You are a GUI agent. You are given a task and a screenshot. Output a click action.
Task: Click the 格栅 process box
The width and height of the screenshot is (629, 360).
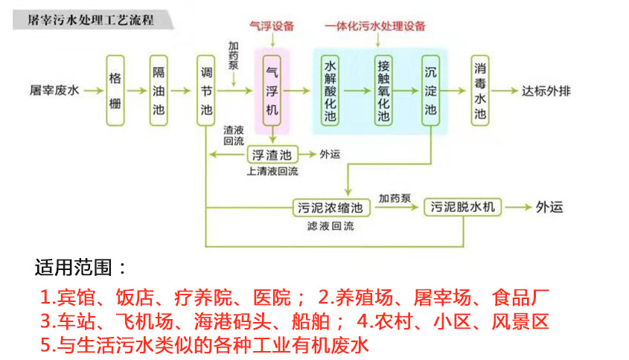click(115, 91)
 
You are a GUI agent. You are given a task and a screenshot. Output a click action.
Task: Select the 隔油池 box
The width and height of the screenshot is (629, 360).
click(159, 91)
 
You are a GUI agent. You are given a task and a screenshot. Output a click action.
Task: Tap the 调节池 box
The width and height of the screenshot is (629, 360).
click(206, 91)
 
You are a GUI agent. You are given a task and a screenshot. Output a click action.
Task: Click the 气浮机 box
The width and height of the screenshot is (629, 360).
click(272, 91)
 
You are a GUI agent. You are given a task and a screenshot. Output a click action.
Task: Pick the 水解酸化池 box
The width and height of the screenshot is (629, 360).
click(331, 91)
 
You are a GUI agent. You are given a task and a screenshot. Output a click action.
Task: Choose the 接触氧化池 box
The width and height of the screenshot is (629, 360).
click(383, 91)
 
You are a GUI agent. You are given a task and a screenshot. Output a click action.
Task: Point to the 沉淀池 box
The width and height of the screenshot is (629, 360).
click(431, 91)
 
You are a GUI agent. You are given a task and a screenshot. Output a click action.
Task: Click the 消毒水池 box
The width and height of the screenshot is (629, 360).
click(480, 91)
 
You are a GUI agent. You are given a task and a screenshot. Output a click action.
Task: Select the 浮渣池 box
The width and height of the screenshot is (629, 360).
click(272, 155)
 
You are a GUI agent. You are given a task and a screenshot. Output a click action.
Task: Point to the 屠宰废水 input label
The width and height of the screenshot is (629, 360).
click(54, 91)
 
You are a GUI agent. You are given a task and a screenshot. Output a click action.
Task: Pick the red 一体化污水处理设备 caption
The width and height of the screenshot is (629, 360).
click(376, 26)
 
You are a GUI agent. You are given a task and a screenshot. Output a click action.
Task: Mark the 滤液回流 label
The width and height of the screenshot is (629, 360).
click(331, 225)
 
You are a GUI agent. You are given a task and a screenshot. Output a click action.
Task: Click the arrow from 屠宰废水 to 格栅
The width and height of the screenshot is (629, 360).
click(92, 91)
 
